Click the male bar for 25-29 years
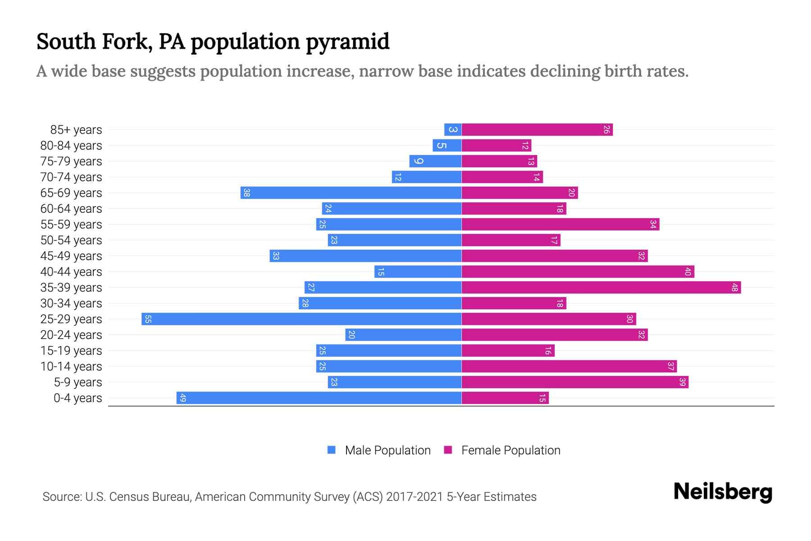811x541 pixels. coord(301,319)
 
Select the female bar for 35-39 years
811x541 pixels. coord(601,288)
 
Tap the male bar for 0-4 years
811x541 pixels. coord(319,398)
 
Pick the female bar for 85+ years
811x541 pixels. coord(537,130)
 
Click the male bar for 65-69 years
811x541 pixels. coord(351,193)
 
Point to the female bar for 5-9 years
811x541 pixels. coord(575,382)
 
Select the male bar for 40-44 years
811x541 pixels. coord(418,272)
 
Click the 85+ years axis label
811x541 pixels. coord(76,130)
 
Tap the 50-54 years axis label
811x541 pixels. coord(71,240)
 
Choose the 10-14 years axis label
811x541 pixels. coord(71,367)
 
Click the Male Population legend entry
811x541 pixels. coord(387,450)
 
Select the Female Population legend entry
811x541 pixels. coord(510,450)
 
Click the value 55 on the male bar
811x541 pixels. coord(148,319)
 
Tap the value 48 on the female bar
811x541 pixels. coord(734,288)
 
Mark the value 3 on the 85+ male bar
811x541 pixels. coord(453,130)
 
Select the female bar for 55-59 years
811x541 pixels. coord(560,225)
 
